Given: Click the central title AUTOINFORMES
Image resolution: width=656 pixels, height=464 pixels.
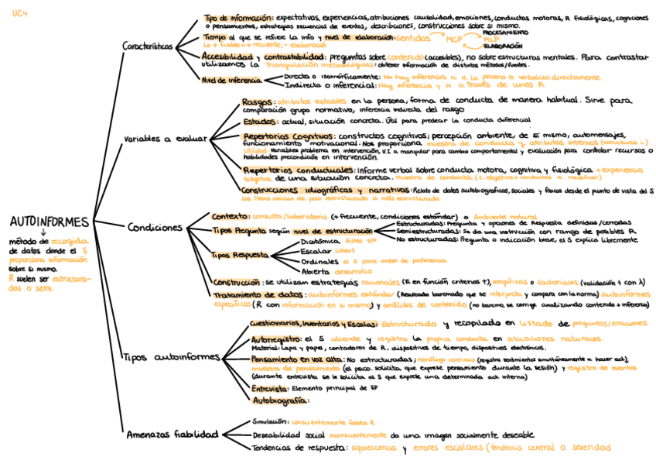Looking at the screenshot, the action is [50, 222].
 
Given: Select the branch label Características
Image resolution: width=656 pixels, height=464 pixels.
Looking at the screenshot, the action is [148, 46].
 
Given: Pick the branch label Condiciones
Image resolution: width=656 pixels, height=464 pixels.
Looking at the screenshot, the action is [155, 228].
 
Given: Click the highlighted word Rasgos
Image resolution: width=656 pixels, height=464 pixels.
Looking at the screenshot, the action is [256, 101].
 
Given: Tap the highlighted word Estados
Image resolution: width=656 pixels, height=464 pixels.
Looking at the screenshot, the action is [258, 122].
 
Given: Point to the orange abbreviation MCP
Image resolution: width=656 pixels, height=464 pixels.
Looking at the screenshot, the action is [454, 39].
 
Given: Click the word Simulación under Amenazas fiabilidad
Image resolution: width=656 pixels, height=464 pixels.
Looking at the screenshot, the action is [271, 421].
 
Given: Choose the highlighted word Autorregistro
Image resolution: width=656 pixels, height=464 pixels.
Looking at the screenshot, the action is [276, 339].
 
